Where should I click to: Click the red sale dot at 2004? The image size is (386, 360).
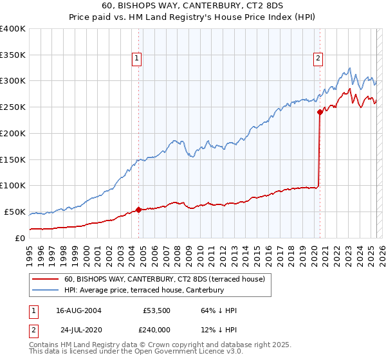click(x=139, y=210)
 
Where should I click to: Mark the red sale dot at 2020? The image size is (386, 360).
click(x=320, y=112)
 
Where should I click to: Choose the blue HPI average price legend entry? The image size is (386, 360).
click(x=143, y=291)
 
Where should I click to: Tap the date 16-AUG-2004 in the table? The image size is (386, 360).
click(x=78, y=310)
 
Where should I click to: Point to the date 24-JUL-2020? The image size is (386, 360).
click(x=78, y=330)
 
